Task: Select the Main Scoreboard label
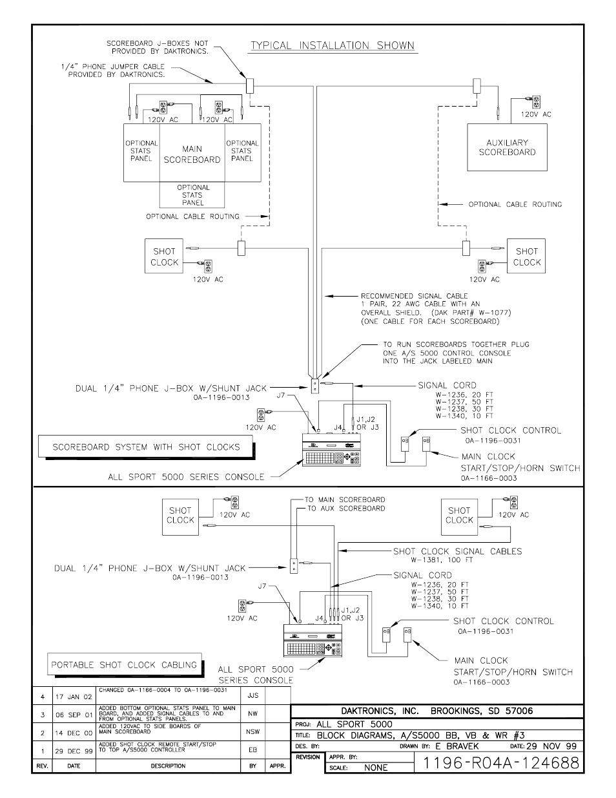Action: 192,154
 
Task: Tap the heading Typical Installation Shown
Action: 333,45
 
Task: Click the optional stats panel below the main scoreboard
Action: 192,195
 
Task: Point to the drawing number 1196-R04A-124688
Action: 501,762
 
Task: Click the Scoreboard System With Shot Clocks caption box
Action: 146,446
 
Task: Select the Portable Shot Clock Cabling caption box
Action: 125,664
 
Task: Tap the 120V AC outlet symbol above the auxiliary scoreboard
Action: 536,101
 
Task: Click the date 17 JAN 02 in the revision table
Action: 74,697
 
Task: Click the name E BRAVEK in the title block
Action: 457,746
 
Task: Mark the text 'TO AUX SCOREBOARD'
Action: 346,509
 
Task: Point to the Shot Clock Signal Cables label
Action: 458,551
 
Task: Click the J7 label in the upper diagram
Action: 281,395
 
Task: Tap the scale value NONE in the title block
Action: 376,768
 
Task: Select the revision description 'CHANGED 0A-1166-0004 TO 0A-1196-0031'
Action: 163,690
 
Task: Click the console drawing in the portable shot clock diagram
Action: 313,640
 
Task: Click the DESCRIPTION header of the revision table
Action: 168,766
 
